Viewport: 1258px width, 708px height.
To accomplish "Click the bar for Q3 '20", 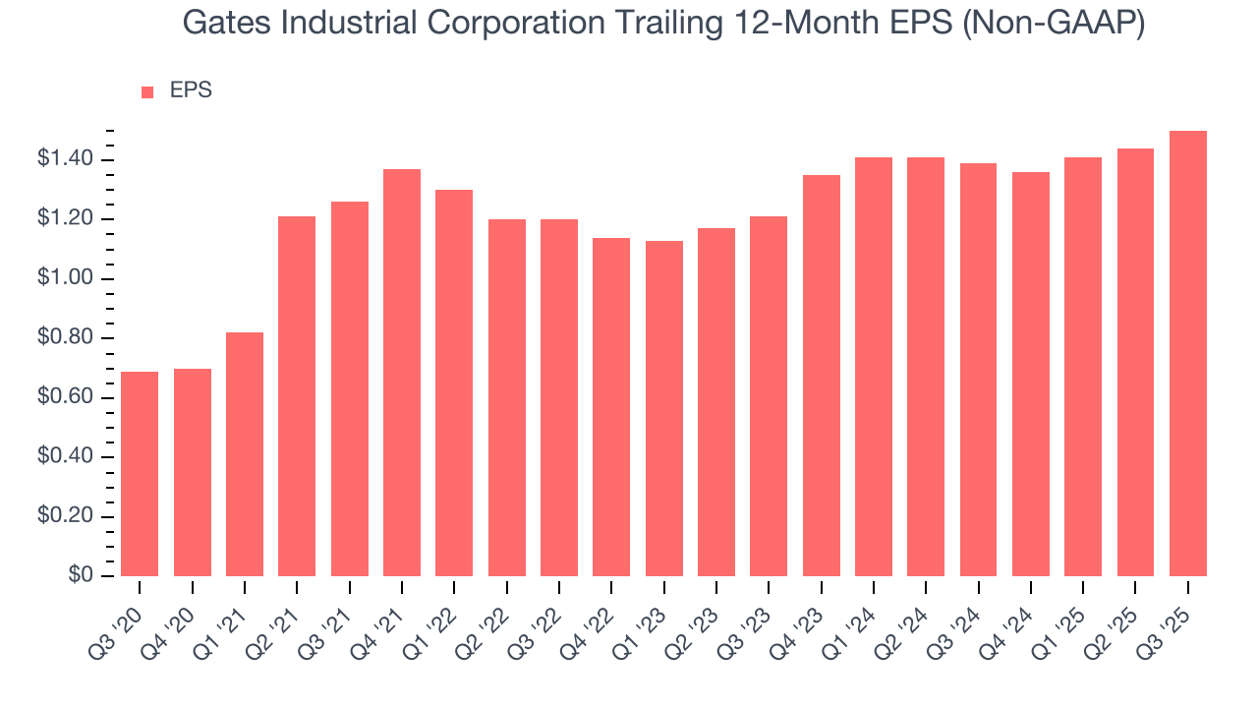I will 140,474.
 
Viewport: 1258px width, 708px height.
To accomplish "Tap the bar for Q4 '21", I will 402,373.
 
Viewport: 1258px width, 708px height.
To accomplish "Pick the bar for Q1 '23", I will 663,408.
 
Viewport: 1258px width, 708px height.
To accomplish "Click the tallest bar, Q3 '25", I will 1187,354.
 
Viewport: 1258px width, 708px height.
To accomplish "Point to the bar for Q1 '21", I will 245,454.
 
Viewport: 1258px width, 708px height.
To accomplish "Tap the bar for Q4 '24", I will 1030,374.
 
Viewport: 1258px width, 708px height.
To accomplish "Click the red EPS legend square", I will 147,91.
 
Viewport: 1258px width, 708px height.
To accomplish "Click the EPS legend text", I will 191,90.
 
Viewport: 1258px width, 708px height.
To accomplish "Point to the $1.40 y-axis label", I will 65,159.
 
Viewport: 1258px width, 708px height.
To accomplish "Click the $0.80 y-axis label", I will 65,338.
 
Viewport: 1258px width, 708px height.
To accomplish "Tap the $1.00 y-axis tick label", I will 65,278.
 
